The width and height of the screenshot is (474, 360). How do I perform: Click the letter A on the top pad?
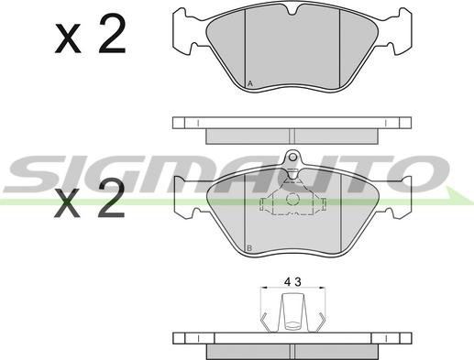point(250,83)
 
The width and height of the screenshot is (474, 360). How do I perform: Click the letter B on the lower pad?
point(249,248)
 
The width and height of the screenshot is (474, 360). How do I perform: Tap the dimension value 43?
point(292,281)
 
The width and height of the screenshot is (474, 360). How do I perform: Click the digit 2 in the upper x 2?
point(112,34)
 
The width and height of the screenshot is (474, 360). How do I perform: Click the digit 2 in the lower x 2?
point(111,198)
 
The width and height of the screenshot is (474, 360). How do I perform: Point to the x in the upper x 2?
point(68,39)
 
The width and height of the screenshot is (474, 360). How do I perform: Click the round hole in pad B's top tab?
point(292,158)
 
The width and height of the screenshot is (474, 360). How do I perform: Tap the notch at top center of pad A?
point(292,11)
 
